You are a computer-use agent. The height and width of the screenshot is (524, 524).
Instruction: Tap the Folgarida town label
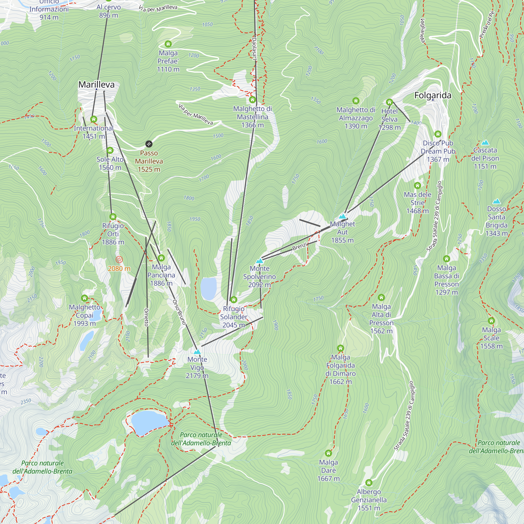[x=433, y=95]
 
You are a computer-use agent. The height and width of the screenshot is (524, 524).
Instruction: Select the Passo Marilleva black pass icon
[x=149, y=144]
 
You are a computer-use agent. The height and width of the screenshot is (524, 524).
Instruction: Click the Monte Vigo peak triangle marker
[x=197, y=352]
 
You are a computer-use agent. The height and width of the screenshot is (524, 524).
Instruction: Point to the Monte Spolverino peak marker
[x=260, y=261]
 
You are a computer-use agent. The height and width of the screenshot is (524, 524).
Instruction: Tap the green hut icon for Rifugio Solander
[x=233, y=300]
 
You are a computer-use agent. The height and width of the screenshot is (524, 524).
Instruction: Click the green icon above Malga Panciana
[x=161, y=258]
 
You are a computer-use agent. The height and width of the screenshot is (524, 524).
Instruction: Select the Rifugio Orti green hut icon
[x=113, y=217]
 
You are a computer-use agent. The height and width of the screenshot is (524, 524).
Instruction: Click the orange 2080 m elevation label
[x=119, y=269]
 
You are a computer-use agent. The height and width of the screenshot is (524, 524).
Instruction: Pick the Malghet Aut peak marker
[x=342, y=216]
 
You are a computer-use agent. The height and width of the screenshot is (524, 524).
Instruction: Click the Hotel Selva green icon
[x=390, y=102]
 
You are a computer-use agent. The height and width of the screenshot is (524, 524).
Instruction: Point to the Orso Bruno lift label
[x=179, y=312]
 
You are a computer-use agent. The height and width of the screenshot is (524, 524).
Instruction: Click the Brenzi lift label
[x=299, y=247]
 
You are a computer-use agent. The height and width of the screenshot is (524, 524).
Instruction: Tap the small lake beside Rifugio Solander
[x=209, y=288]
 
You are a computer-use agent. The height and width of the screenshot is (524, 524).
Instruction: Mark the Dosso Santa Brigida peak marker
[x=496, y=201]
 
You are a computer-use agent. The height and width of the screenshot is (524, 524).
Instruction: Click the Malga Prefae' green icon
[x=168, y=44]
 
